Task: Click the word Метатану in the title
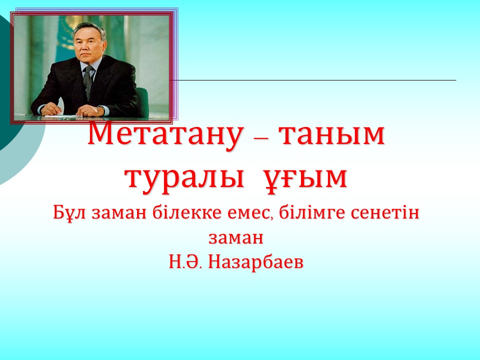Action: click(166, 134)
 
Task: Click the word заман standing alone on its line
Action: click(236, 238)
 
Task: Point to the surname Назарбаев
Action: click(255, 262)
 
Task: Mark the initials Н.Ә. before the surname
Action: click(185, 262)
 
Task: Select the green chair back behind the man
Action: click(142, 101)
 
